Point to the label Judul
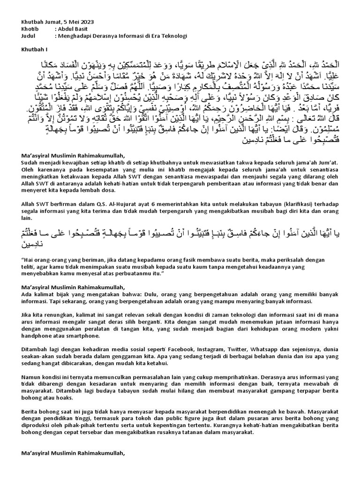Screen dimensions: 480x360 click(x=29, y=35)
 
